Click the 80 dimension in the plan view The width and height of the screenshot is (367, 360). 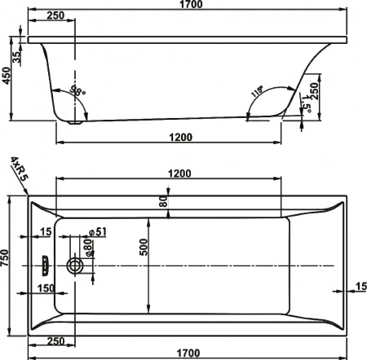pyautogui.click(x=163, y=200)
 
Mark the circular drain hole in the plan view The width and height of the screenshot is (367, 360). pyautogui.click(x=77, y=265)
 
